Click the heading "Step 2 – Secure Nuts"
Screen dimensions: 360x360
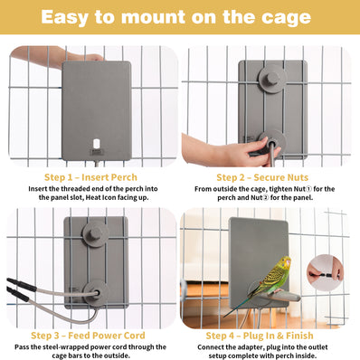269,177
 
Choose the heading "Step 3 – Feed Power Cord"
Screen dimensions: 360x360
90,334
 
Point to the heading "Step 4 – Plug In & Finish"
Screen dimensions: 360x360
268,334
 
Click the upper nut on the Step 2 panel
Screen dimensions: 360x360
270,79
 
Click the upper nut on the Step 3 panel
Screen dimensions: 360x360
93,234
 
